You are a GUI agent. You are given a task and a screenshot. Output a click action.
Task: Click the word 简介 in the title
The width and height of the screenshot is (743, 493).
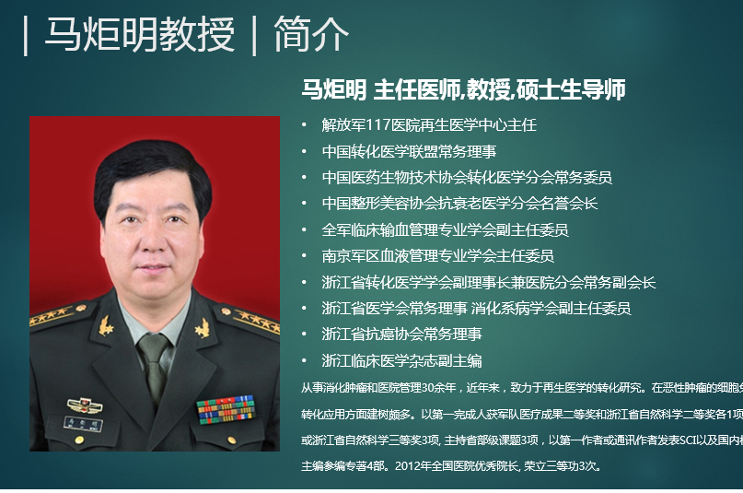[x=311, y=35]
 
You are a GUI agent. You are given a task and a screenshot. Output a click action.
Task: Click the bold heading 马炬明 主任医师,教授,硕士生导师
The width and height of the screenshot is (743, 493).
[x=463, y=89]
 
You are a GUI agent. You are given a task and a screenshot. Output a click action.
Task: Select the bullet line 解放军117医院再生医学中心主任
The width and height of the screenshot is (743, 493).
[x=429, y=124]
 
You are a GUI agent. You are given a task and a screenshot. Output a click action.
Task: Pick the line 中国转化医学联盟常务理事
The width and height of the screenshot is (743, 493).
[x=409, y=151]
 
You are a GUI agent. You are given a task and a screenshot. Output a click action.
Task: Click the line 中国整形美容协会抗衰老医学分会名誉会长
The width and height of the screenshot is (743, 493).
[x=459, y=203]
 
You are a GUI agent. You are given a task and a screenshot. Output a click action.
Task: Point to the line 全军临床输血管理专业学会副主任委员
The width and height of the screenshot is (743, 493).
[x=445, y=229]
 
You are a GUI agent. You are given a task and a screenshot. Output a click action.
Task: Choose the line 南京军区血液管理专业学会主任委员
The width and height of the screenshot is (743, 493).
[x=437, y=255]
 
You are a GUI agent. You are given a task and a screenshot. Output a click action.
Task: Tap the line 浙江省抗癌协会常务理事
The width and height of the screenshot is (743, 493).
[x=401, y=334]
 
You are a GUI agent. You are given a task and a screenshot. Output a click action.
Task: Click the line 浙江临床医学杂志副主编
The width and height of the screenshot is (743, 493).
[x=401, y=360]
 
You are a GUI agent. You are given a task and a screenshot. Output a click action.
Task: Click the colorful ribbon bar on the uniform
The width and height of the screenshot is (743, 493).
[x=225, y=408]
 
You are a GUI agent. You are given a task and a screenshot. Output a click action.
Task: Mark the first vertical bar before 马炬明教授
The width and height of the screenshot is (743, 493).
[x=26, y=36]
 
